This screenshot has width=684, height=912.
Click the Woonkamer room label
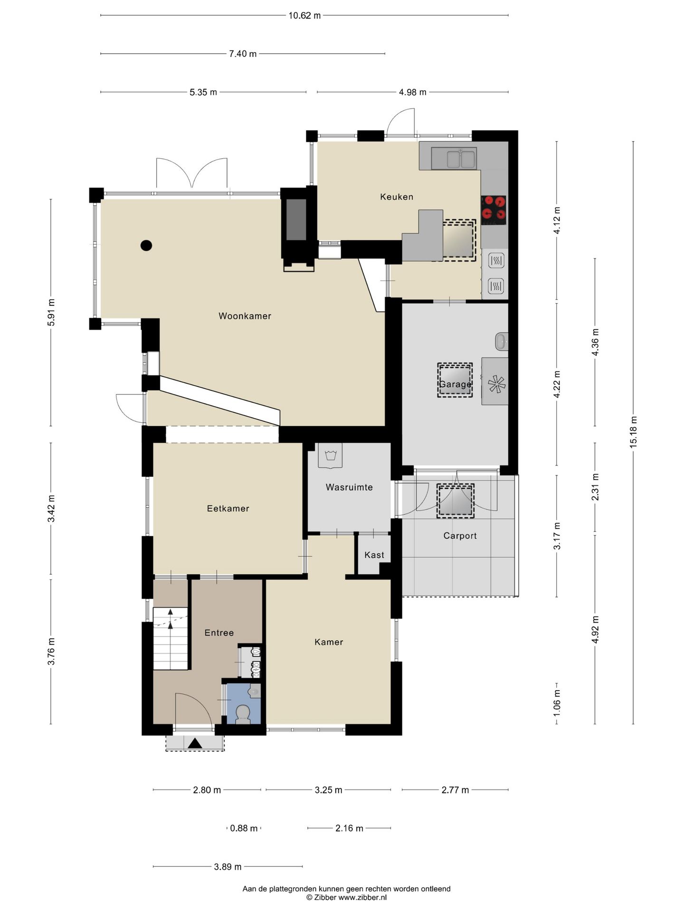(245, 316)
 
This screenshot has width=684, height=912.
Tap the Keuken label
(397, 197)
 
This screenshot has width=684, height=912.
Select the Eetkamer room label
(228, 508)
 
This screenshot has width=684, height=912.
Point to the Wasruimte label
(349, 487)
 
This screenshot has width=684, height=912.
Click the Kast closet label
(374, 555)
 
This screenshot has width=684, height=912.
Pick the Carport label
(460, 536)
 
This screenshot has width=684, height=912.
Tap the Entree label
(219, 633)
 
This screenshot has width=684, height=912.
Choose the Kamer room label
(329, 642)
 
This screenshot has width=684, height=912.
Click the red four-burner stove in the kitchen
(494, 210)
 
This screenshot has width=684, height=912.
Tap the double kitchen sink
(454, 158)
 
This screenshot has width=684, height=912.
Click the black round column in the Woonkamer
(146, 246)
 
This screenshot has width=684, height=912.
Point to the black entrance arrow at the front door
(195, 743)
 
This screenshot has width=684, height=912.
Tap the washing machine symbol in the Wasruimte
(330, 456)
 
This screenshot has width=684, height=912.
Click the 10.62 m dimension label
(304, 15)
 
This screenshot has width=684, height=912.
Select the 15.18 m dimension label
(633, 432)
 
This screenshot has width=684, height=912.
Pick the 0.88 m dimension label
(244, 828)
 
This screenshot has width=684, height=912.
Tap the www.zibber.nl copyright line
(346, 897)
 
